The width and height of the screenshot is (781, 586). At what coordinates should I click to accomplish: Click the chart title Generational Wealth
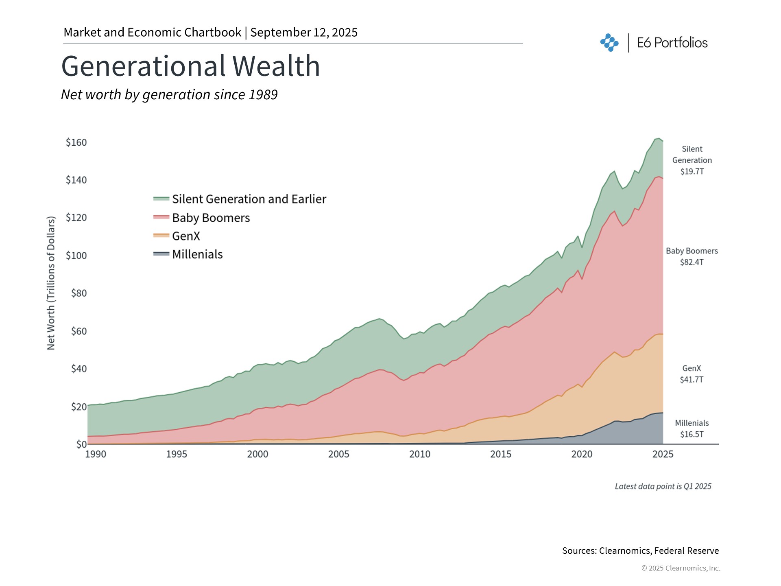tap(190, 66)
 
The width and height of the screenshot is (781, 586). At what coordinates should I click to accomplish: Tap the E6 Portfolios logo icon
tap(609, 42)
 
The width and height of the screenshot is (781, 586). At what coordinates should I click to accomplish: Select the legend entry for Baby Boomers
tap(211, 218)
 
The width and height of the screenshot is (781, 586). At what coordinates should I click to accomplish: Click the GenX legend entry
tap(186, 236)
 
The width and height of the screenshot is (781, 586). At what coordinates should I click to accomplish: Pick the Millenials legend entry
tap(197, 254)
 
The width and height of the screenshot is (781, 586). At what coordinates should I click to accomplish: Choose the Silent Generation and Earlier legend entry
tap(249, 199)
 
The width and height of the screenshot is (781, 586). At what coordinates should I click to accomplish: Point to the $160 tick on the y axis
tap(76, 142)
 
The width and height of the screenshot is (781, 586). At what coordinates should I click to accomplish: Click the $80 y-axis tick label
tap(79, 293)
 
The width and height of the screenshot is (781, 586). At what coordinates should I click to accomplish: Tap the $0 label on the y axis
tap(81, 444)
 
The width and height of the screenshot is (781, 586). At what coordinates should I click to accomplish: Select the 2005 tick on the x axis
tap(339, 454)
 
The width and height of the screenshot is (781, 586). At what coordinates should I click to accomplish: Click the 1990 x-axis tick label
tap(96, 454)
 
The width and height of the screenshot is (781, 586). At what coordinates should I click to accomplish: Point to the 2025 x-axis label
tap(663, 454)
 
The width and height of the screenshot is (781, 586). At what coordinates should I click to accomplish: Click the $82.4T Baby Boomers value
tap(692, 262)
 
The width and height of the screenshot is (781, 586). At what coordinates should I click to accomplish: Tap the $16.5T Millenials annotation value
tap(692, 434)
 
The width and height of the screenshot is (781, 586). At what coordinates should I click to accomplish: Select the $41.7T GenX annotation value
tap(692, 380)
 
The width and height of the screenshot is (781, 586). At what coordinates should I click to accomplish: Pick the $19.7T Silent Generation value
tap(692, 171)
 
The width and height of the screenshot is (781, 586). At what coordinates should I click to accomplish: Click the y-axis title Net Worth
tap(51, 283)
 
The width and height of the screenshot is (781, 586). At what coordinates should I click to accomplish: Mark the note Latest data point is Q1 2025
tap(663, 486)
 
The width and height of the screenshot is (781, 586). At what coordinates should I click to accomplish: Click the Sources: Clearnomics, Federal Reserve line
tap(640, 551)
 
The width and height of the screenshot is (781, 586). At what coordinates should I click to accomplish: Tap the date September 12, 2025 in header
tap(304, 33)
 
